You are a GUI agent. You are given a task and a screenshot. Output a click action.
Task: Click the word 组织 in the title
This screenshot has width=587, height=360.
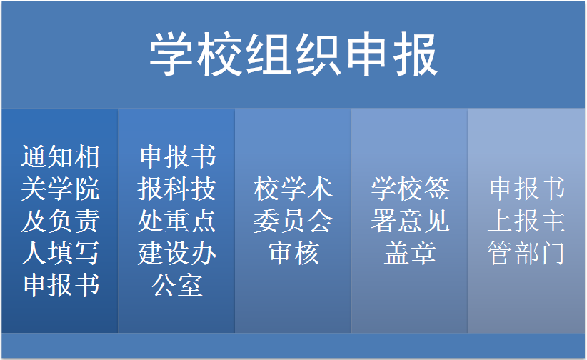coord(293,55)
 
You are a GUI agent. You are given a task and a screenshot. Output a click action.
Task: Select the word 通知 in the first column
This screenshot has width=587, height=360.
coord(47,156)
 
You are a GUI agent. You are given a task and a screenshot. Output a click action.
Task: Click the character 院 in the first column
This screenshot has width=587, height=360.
coord(87,189)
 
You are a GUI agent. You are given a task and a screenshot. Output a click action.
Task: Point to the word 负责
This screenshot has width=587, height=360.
coord(74,221)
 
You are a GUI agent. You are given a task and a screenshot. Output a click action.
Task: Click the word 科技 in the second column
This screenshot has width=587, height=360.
coord(190,189)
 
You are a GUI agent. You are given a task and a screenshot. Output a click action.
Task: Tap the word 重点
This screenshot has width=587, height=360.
coord(190,221)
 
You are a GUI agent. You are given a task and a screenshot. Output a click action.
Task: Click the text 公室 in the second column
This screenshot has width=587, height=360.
coord(176,286)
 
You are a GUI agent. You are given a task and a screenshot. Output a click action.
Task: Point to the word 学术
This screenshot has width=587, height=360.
coord(306,189)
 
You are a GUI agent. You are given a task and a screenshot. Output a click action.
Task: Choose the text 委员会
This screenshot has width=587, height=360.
coord(293,221)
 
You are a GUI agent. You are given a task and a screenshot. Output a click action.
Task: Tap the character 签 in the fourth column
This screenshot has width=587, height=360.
coord(436,189)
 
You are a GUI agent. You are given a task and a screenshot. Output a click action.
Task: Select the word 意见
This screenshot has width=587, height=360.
coord(423,221)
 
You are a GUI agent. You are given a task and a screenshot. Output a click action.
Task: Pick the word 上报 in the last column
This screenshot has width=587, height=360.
coord(513,221)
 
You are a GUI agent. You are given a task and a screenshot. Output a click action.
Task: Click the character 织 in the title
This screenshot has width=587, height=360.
coord(318,55)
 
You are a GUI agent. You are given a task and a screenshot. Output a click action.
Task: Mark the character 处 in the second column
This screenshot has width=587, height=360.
coord(150,221)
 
